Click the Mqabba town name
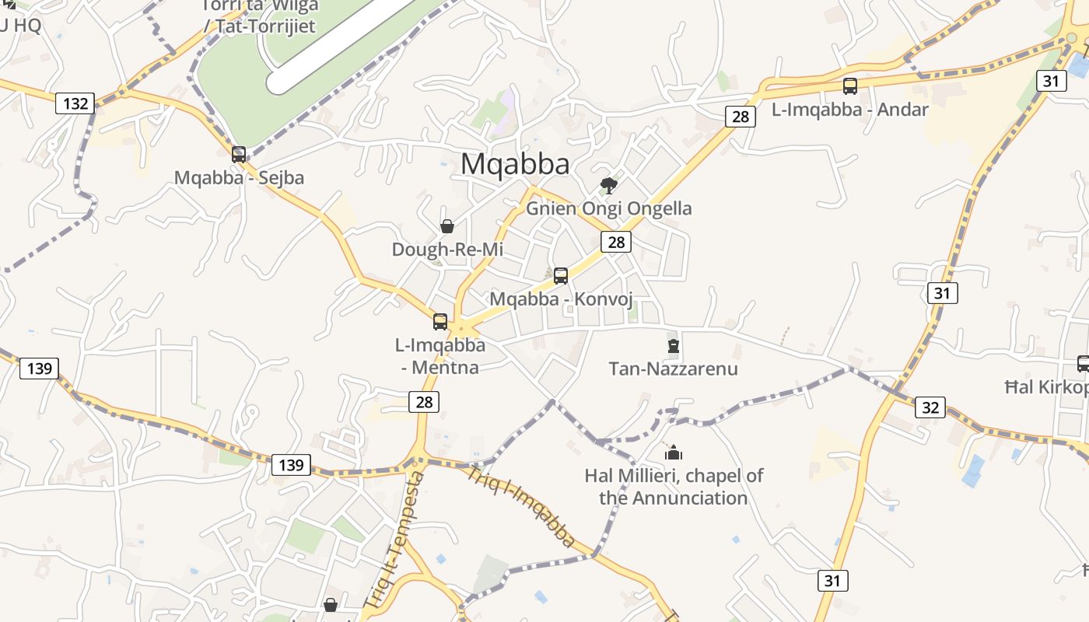(x=515, y=164)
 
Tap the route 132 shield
(x=75, y=103)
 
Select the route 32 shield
(x=930, y=407)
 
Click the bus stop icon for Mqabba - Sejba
(x=239, y=154)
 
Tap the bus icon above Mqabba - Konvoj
(x=561, y=275)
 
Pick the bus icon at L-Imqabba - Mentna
(x=440, y=321)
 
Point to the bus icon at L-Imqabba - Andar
(x=850, y=86)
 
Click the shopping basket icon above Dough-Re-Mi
(x=447, y=226)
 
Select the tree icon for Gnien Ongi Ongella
(x=609, y=185)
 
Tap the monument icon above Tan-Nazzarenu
(x=674, y=346)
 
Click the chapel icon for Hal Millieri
(x=674, y=452)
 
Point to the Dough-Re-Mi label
(x=447, y=250)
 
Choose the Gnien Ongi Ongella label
(x=609, y=208)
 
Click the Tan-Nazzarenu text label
(x=673, y=369)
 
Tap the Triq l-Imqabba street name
(x=523, y=506)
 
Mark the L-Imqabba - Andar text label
(x=850, y=110)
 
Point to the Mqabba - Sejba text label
(x=239, y=177)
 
